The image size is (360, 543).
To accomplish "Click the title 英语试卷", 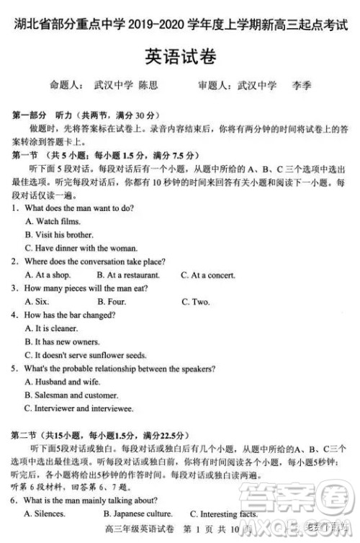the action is coord(180,55).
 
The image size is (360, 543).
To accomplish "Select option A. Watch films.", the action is coord(53,222).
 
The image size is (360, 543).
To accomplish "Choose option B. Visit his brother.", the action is coord(59,235).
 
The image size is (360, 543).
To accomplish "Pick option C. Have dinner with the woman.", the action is coord(81,248).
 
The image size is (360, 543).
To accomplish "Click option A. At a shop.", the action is coord(48,275).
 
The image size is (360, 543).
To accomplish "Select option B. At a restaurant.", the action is coord(127,275).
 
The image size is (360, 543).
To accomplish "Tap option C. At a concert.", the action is coord(209,275).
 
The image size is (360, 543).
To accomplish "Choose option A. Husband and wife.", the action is coord(62,382).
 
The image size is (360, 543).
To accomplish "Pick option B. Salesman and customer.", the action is coord(71,395).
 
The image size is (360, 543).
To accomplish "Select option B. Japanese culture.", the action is coord(138,513).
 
